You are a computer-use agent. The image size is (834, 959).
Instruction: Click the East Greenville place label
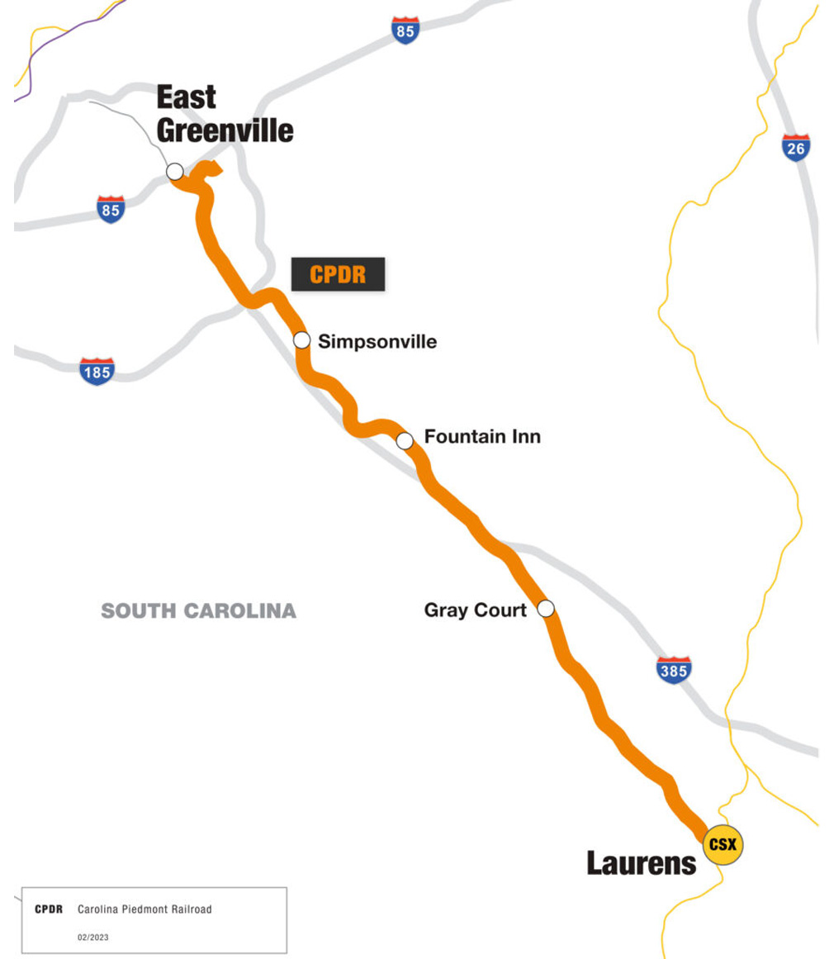click(x=225, y=114)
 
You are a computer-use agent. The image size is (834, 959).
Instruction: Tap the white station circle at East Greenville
click(x=175, y=172)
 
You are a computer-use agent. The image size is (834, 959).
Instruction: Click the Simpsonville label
click(x=377, y=341)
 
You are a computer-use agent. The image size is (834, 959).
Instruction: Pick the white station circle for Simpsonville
click(x=302, y=340)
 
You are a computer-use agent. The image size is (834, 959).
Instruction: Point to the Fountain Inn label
click(x=482, y=436)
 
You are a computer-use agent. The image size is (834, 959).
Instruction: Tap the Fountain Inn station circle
click(x=405, y=440)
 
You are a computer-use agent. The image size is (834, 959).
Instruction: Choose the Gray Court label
click(x=475, y=610)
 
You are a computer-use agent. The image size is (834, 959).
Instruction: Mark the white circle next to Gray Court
click(x=546, y=610)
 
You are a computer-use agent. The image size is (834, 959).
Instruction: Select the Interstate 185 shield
click(x=97, y=372)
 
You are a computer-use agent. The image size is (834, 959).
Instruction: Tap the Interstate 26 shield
click(x=796, y=147)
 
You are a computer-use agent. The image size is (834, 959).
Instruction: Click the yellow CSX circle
click(x=723, y=845)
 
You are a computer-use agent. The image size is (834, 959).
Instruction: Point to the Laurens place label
click(x=642, y=864)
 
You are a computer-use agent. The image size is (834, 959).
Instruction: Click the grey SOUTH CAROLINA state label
click(x=198, y=611)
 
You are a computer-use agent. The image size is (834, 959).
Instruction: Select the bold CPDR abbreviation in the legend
click(x=49, y=909)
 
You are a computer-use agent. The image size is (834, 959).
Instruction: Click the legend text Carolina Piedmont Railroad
click(x=145, y=909)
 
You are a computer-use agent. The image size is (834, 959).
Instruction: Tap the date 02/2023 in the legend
click(x=92, y=938)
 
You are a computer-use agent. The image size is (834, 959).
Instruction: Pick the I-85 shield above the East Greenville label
click(x=405, y=30)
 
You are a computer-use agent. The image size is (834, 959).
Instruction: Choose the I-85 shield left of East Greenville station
click(x=110, y=209)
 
